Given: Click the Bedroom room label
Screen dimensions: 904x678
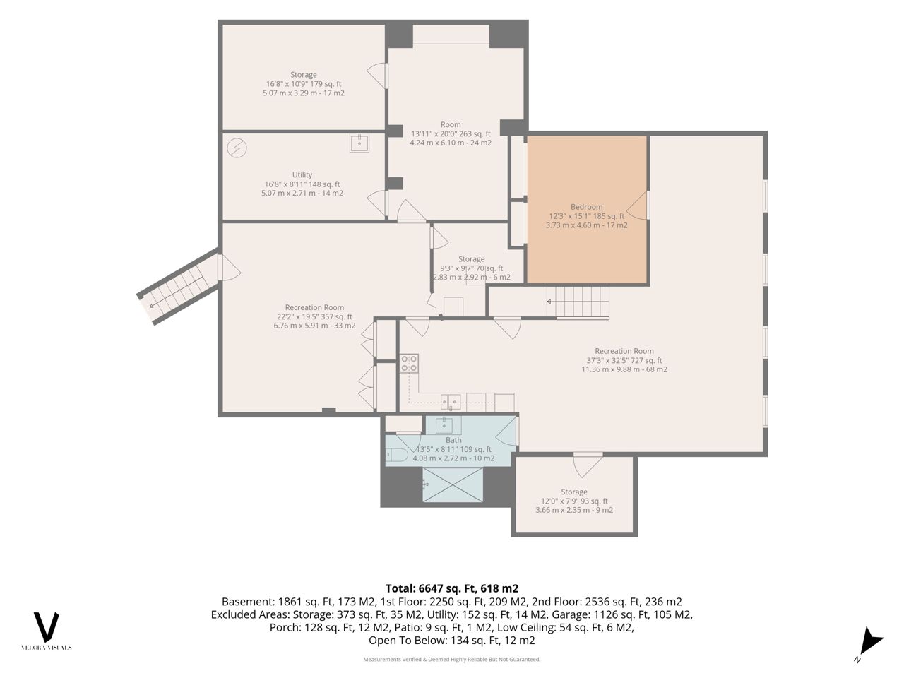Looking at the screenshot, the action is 586,207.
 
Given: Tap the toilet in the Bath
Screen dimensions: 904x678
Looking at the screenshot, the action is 397,455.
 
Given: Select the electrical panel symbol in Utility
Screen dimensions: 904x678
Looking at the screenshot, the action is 237,148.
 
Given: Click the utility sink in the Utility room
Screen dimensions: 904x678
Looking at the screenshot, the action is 359,143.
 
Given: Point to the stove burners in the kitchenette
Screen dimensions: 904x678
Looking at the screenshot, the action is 409,364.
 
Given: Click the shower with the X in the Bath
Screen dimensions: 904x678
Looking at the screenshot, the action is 452,484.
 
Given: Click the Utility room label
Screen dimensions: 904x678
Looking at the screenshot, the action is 302,174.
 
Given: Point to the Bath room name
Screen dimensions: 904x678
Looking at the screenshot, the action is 453,440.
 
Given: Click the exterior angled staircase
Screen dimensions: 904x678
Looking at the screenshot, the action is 178,287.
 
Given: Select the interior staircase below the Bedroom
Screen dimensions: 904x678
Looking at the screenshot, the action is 578,302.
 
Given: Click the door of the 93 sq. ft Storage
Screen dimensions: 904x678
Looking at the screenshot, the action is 588,464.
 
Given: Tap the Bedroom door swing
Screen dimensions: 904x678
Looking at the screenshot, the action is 638,205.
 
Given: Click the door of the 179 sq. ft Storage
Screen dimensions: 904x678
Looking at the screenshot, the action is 377,76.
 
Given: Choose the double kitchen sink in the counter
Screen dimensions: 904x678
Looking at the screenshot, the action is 451,401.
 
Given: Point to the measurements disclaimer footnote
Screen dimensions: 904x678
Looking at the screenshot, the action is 452,660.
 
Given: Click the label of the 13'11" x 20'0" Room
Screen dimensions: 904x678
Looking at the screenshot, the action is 451,124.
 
